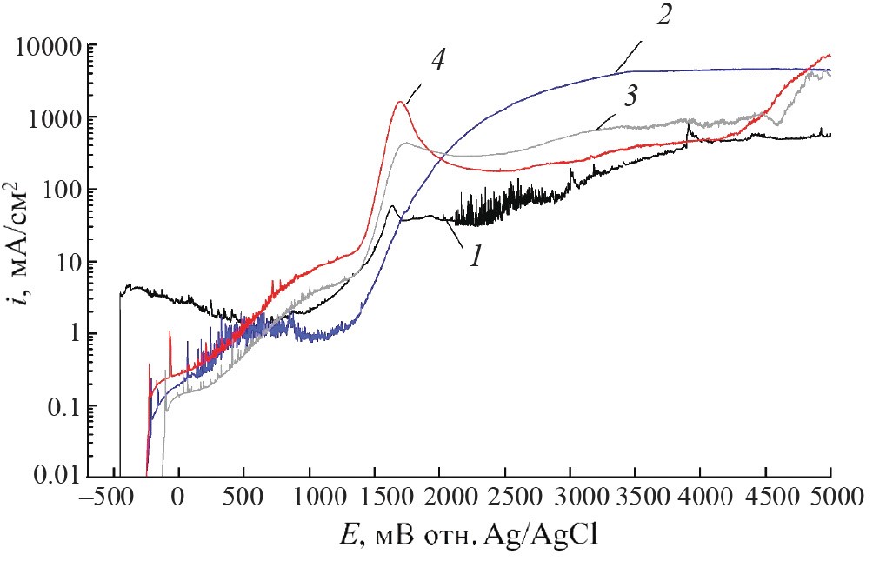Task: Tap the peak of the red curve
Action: point(401,102)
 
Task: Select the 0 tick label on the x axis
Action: point(178,502)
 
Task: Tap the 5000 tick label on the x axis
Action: point(830,502)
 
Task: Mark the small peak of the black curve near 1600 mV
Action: point(392,206)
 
